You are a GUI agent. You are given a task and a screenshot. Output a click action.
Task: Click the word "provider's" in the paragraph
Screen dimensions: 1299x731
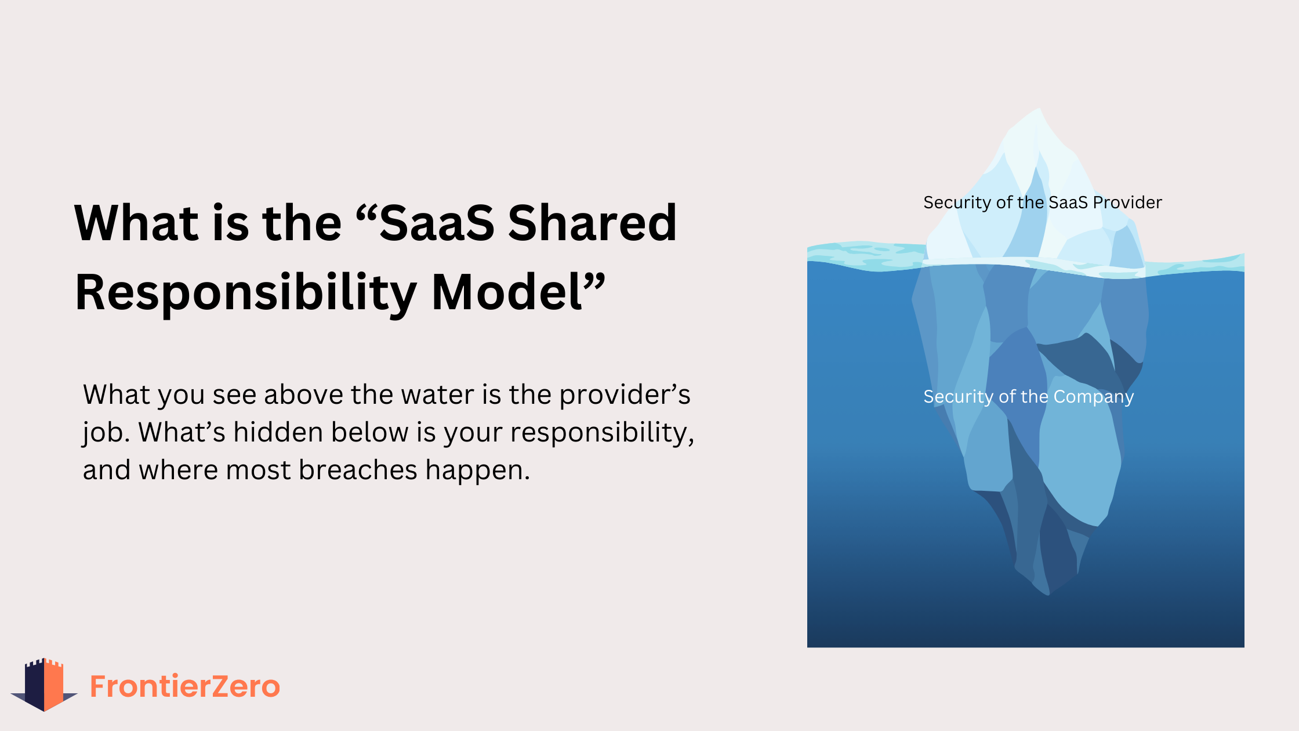pyautogui.click(x=625, y=396)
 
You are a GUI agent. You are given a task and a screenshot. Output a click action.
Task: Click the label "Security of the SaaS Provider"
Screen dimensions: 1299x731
pyautogui.click(x=1043, y=202)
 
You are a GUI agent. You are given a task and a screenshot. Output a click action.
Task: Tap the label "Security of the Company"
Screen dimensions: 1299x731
pyautogui.click(x=1029, y=397)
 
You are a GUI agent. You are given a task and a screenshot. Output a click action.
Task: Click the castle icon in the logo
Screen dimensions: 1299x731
pyautogui.click(x=44, y=685)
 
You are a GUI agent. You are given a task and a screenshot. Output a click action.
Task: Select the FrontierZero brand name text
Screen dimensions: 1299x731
pyautogui.click(x=185, y=686)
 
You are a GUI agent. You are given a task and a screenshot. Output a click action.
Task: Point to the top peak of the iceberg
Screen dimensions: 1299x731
pyautogui.click(x=1038, y=108)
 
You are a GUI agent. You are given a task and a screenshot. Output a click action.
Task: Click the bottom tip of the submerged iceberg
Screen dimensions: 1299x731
pyautogui.click(x=1048, y=594)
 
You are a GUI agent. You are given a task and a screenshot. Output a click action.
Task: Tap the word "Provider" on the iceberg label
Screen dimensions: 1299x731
pyautogui.click(x=1127, y=202)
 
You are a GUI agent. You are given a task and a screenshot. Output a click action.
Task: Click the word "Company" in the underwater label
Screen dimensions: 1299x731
pyautogui.click(x=1094, y=397)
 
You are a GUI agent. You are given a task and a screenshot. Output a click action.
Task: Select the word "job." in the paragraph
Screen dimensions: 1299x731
pyautogui.click(x=107, y=433)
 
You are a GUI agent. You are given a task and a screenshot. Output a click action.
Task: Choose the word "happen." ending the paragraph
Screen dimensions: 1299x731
pyautogui.click(x=478, y=471)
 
